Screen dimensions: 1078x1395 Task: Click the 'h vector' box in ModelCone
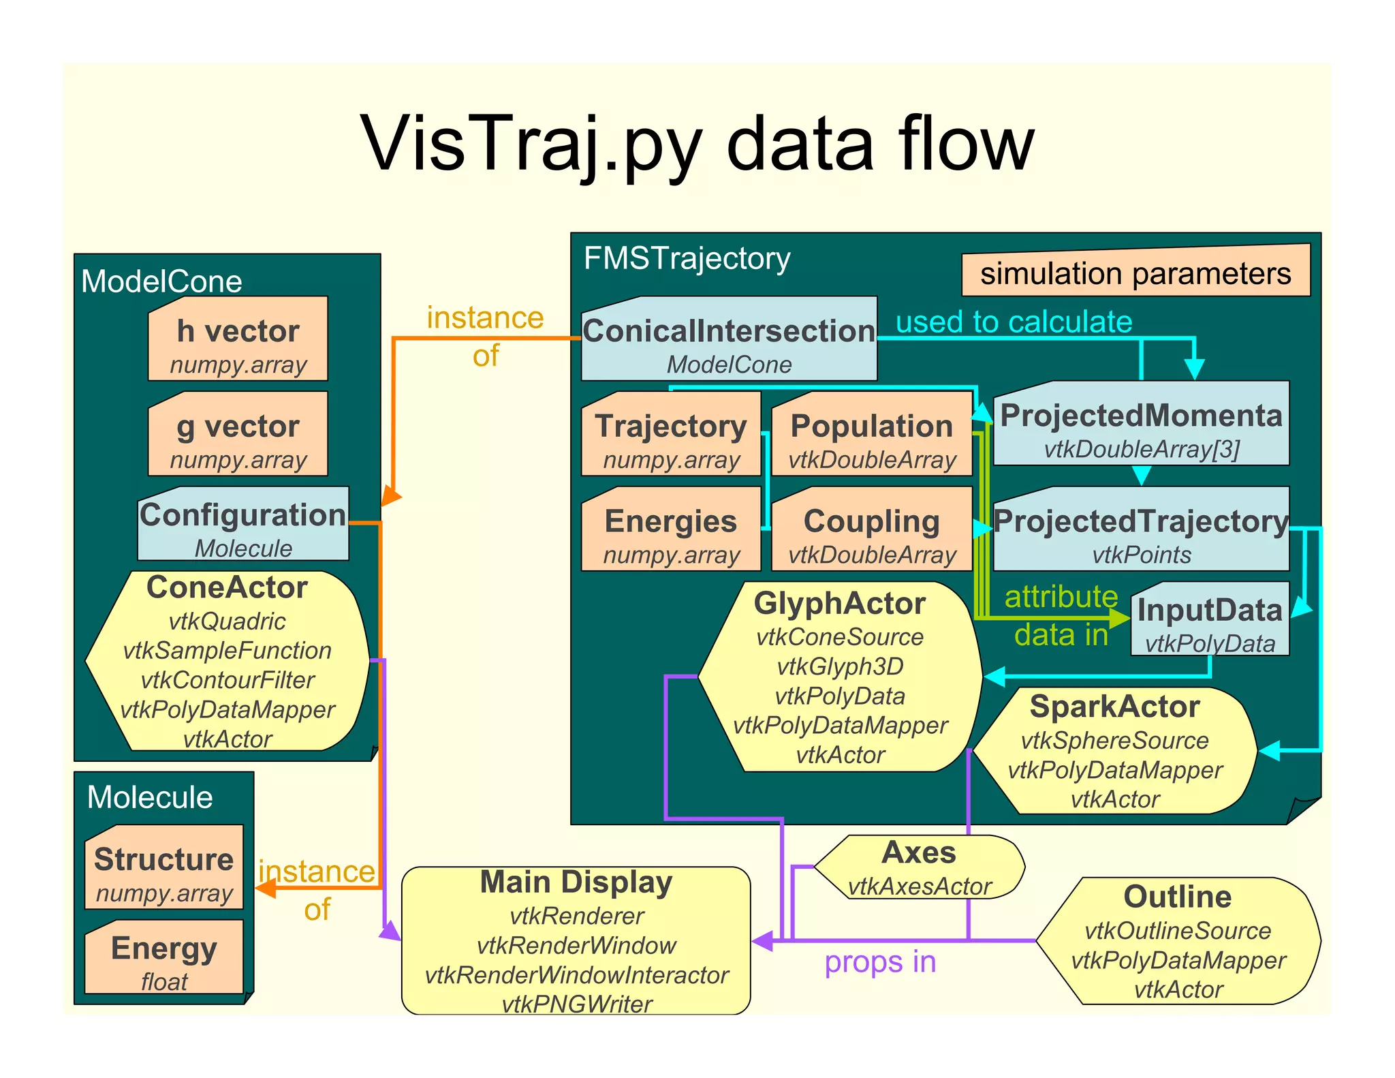coord(238,339)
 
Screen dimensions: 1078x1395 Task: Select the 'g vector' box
coord(238,434)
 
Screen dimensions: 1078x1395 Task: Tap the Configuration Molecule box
coord(243,523)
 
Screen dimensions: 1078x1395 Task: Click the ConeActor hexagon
coord(228,661)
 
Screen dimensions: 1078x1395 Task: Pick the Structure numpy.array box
coord(163,867)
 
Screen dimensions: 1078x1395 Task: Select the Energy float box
coord(163,957)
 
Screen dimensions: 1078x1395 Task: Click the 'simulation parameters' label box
coord(1135,273)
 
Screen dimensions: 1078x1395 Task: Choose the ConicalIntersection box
coord(729,339)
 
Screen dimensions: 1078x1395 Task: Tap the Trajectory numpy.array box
coord(671,434)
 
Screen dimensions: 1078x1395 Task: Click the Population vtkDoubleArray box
coord(872,434)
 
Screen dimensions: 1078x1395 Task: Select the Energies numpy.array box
coord(671,529)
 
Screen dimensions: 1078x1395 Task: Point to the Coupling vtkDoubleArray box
coord(872,529)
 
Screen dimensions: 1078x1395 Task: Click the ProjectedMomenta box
coord(1141,424)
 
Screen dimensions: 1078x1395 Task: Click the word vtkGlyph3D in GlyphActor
coord(840,666)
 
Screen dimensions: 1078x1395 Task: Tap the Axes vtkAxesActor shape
coord(920,867)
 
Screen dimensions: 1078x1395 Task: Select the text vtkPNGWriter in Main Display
coord(576,1004)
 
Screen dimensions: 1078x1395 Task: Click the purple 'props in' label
coord(880,962)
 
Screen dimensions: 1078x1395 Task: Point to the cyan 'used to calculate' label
coord(1014,322)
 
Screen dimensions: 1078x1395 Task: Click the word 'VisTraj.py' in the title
coord(531,144)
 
